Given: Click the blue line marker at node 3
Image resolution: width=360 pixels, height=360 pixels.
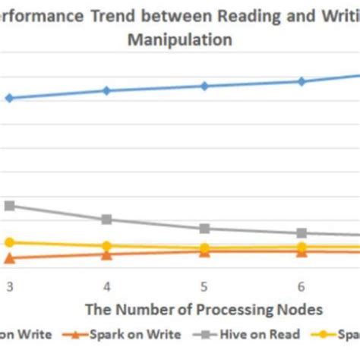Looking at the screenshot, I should (x=9, y=98).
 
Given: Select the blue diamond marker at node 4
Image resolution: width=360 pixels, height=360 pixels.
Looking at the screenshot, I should (x=107, y=90).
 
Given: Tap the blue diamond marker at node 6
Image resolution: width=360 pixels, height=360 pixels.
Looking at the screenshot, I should (x=302, y=81).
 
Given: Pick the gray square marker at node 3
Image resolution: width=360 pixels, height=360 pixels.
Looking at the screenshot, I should (x=10, y=206).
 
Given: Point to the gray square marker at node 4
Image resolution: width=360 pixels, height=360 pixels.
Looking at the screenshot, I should (x=107, y=219).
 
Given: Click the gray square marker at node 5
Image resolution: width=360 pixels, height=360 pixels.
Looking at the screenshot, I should (x=204, y=229).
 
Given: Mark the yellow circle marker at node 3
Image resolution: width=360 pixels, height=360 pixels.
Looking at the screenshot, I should (x=9, y=242).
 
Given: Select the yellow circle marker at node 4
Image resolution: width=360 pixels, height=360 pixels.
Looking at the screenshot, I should (x=107, y=246).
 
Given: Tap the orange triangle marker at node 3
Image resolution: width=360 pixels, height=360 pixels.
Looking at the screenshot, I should (x=9, y=259).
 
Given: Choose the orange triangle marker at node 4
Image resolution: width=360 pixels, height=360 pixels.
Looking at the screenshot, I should (x=107, y=255).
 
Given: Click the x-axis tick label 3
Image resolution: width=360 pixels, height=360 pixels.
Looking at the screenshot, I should (x=10, y=286).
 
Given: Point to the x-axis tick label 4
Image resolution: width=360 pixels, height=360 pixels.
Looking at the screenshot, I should (x=107, y=286).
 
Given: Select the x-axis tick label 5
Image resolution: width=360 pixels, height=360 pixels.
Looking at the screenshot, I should (x=204, y=286).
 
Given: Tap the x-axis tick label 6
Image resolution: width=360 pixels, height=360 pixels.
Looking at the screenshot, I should (x=302, y=286).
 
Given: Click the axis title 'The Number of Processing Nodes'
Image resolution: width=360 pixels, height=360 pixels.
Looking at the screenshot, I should (x=204, y=309).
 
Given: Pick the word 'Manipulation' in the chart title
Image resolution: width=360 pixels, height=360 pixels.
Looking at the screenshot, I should (x=180, y=40).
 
